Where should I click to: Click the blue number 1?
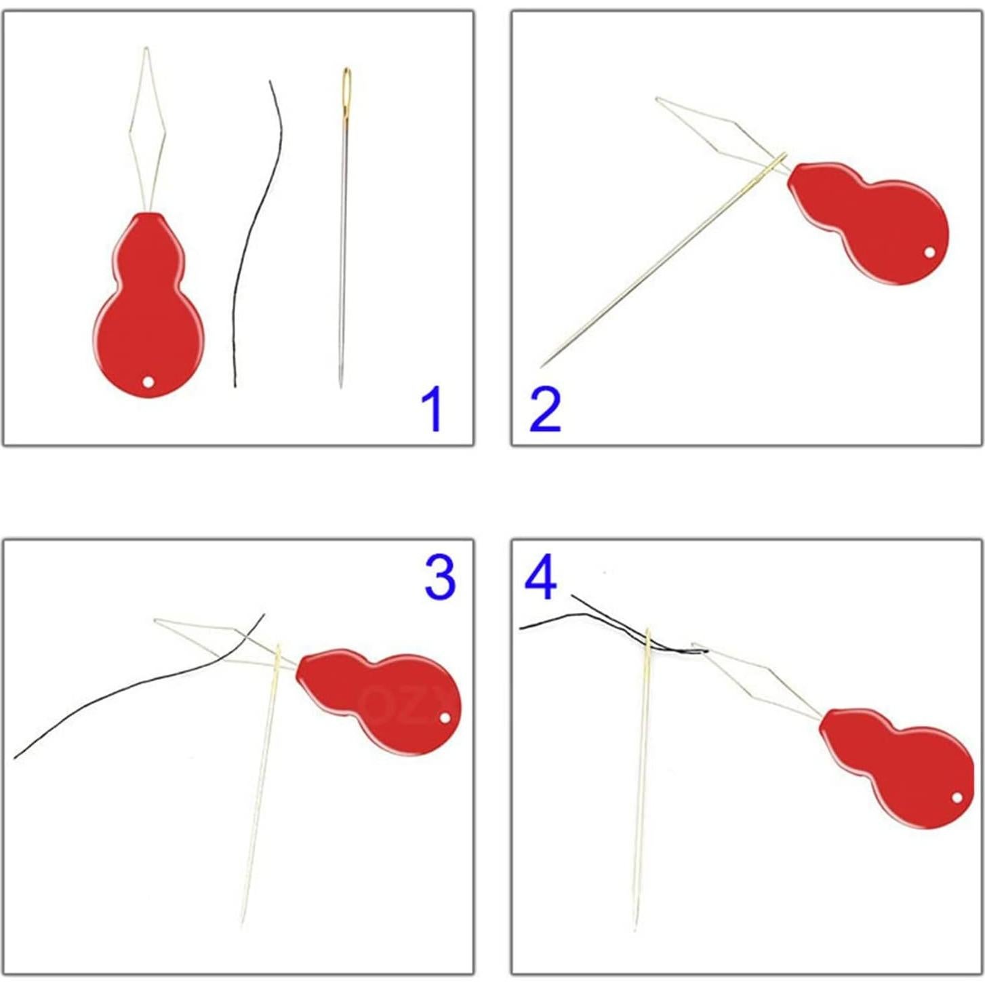[x=432, y=409]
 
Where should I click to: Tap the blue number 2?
[x=545, y=409]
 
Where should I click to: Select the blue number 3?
[x=440, y=576]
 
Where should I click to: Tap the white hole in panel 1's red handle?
[x=148, y=382]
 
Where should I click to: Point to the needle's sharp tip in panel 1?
[x=340, y=386]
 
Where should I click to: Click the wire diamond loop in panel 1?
[x=147, y=129]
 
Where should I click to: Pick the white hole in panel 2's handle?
[x=929, y=253]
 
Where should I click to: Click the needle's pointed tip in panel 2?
[x=542, y=367]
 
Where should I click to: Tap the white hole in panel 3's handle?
[x=445, y=717]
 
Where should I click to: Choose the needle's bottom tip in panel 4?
[x=635, y=929]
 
